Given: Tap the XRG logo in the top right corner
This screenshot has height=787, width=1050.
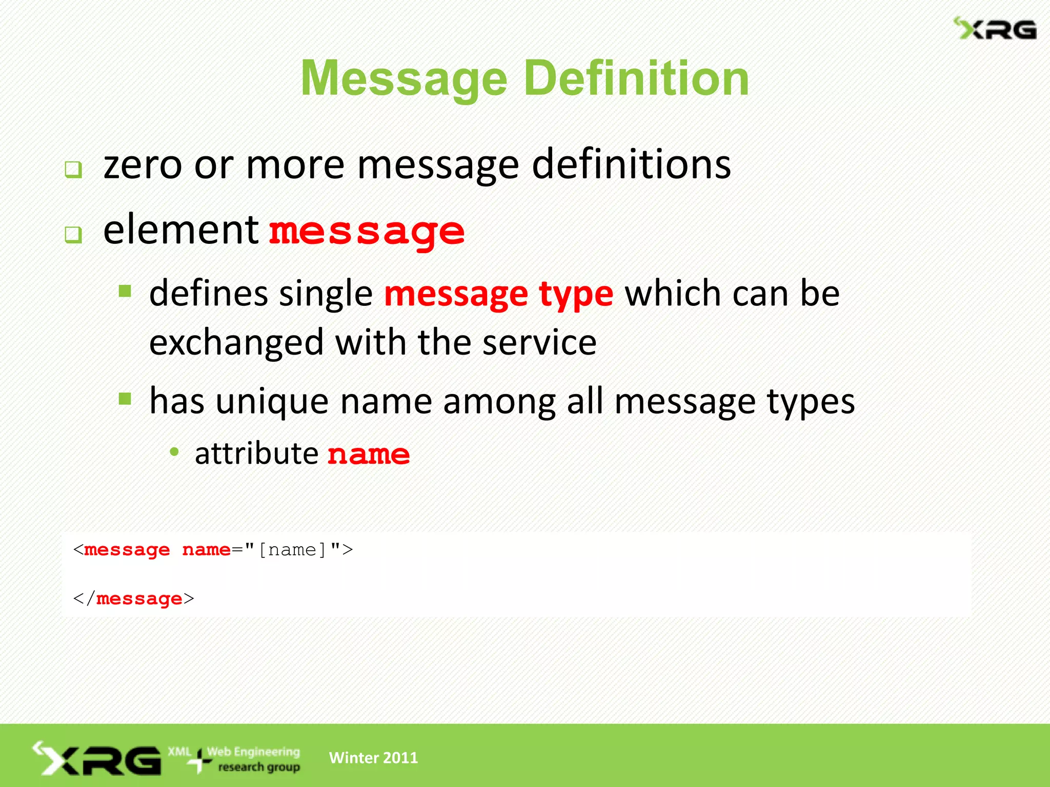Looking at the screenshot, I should (995, 29).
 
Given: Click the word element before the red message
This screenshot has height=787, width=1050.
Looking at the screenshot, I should (180, 230).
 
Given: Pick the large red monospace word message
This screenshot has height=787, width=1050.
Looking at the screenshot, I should (367, 232).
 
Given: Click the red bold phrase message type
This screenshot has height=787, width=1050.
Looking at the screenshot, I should (498, 294).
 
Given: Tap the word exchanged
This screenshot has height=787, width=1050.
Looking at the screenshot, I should (236, 343).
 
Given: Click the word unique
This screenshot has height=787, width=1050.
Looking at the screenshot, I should (272, 402).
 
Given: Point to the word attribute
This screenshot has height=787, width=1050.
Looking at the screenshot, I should (256, 454).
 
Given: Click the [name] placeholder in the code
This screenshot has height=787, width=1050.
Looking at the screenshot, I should (292, 550).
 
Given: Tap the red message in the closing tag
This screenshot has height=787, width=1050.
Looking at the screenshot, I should (139, 598).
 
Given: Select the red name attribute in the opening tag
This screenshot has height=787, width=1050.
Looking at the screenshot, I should (206, 550).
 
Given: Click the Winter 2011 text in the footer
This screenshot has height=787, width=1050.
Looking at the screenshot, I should (373, 758).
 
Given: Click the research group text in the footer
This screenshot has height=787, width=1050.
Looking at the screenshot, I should (259, 767).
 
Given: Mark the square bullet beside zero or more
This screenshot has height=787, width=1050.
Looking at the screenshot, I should (73, 170).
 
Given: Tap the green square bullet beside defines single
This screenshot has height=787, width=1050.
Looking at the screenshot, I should (125, 292).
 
